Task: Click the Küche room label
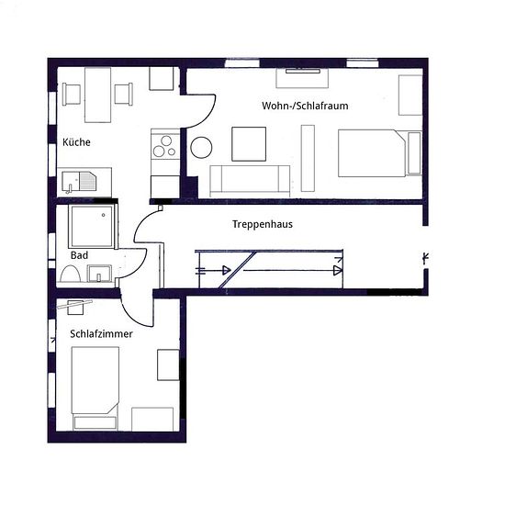tap(76, 142)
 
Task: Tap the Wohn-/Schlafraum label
tap(305, 106)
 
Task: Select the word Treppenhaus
tap(263, 224)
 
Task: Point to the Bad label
tap(79, 255)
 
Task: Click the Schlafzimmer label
tap(101, 333)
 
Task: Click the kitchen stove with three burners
tap(165, 152)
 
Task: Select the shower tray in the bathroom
tap(92, 227)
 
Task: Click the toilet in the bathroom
tap(70, 275)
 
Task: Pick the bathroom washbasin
tap(99, 274)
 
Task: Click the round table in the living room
tap(201, 147)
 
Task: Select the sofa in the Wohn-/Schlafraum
tap(250, 181)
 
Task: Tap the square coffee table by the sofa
tap(249, 144)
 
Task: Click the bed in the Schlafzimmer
tap(95, 388)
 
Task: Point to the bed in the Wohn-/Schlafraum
tap(380, 153)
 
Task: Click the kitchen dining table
tap(98, 95)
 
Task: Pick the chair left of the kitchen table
tap(72, 94)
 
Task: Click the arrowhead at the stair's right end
tap(338, 271)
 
